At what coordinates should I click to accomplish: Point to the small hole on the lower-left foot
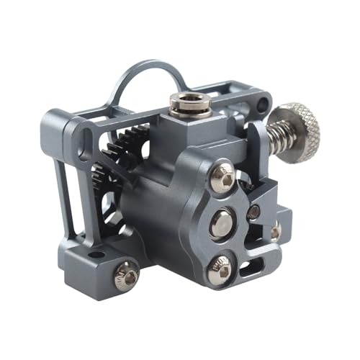[x=96, y=254]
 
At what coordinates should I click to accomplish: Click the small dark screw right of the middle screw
[x=253, y=212]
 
